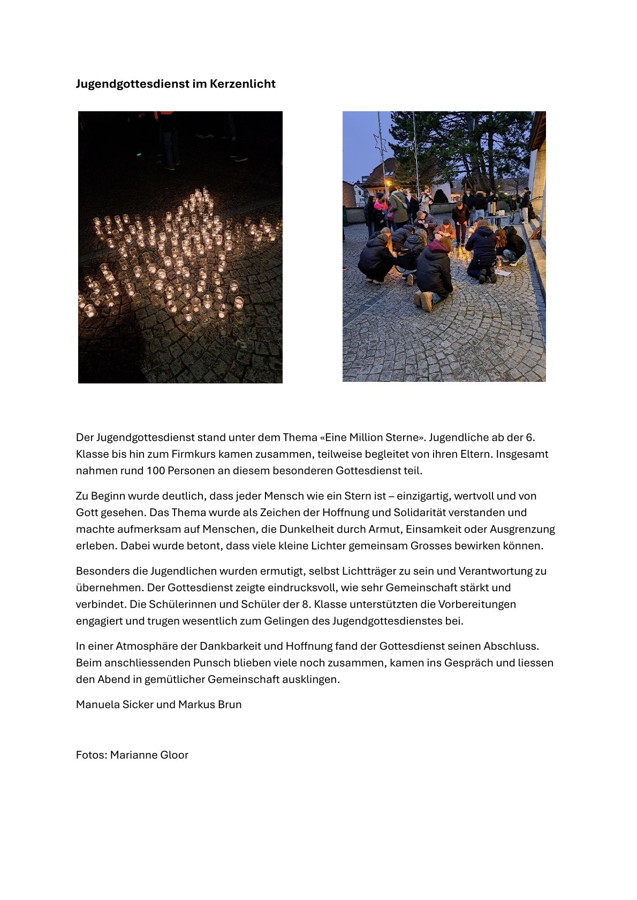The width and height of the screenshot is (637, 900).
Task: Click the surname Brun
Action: click(230, 704)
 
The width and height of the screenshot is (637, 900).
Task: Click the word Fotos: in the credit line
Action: click(92, 755)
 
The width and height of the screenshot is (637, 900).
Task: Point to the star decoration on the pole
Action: click(380, 143)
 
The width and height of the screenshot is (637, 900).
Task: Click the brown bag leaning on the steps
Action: click(535, 234)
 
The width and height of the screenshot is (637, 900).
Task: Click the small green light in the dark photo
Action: click(139, 154)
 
